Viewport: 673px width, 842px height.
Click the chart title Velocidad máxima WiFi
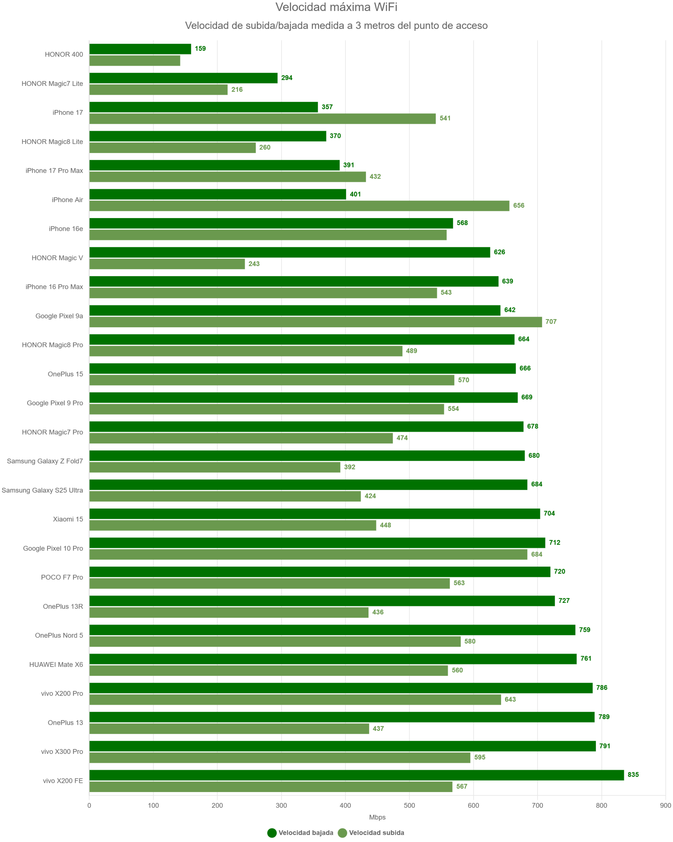point(336,7)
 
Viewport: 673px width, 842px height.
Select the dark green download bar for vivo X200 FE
point(356,775)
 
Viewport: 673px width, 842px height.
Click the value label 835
point(633,775)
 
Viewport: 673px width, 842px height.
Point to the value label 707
point(550,322)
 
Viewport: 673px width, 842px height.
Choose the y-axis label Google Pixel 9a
point(59,316)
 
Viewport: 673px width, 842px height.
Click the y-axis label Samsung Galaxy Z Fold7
point(45,461)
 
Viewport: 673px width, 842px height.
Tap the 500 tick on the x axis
point(409,805)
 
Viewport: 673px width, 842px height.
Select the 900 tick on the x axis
point(665,805)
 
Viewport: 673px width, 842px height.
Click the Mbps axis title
point(377,817)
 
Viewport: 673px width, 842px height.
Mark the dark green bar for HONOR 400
point(140,49)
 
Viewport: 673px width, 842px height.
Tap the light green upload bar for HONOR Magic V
point(167,264)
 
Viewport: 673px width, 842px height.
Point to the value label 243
point(254,264)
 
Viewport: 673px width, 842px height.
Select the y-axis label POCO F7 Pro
point(62,577)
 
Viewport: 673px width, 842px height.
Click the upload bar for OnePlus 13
point(229,729)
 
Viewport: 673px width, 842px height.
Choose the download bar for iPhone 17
point(203,107)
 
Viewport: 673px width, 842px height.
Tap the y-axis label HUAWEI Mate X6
point(56,665)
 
